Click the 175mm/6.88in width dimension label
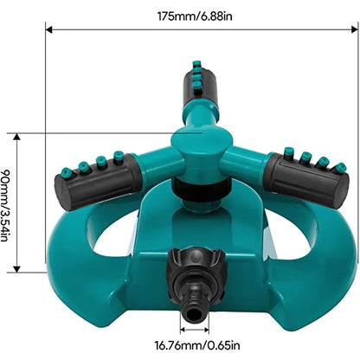pyautogui.click(x=195, y=16)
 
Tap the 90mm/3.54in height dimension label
pyautogui.click(x=5, y=205)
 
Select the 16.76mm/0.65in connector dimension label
pyautogui.click(x=197, y=345)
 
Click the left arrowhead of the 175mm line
pyautogui.click(x=49, y=29)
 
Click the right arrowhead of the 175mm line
pyautogui.click(x=355, y=29)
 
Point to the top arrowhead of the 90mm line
pyautogui.click(x=17, y=137)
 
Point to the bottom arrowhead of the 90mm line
pyautogui.click(x=17, y=269)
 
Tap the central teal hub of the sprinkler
pyautogui.click(x=202, y=150)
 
